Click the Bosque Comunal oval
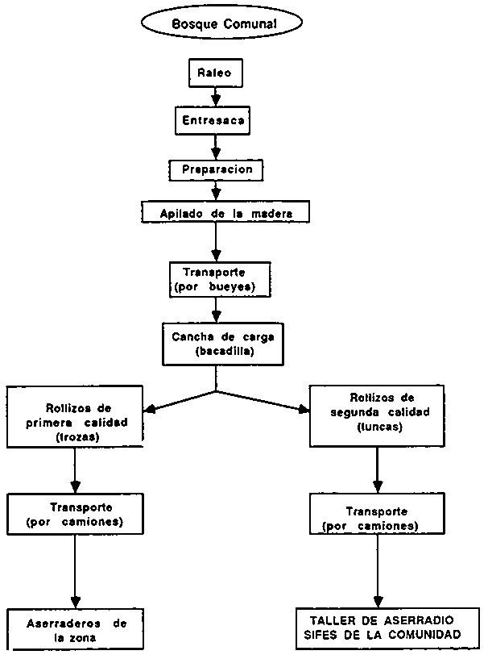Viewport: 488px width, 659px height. click(225, 24)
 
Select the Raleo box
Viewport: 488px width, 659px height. click(215, 73)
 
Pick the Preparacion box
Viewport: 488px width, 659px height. click(216, 170)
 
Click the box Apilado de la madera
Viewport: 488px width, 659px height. click(225, 213)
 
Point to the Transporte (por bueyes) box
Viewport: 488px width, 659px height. click(215, 279)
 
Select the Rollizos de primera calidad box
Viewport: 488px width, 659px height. click(75, 417)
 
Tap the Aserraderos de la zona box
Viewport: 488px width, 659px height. click(76, 630)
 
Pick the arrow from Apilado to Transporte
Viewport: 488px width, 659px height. click(216, 241)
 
